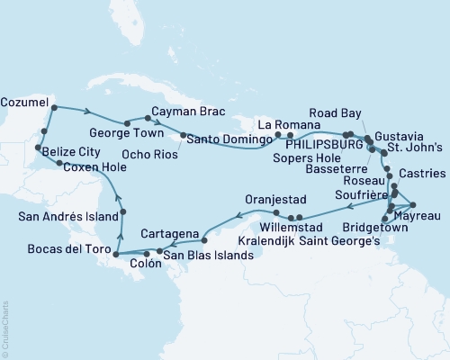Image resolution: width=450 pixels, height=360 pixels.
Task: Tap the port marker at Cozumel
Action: (54, 108)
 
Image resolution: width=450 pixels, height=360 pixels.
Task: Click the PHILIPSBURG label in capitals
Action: (320, 143)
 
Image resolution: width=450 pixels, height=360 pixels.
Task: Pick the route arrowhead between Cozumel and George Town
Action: (87, 112)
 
